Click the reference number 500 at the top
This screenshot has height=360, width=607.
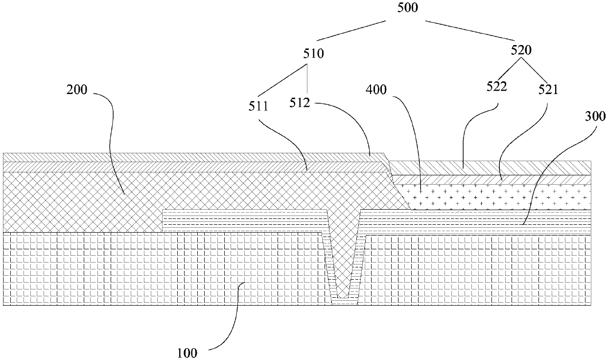tap(408, 8)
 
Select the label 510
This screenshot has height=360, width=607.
tap(313, 53)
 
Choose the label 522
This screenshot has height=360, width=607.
tap(496, 87)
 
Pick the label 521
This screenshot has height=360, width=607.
tap(548, 90)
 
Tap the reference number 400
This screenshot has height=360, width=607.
tap(375, 90)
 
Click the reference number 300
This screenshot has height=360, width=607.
tap(595, 116)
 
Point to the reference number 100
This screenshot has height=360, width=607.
tap(187, 352)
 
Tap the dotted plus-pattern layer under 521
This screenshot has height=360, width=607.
tap(494, 196)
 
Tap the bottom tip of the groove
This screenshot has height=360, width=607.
tap(345, 300)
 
